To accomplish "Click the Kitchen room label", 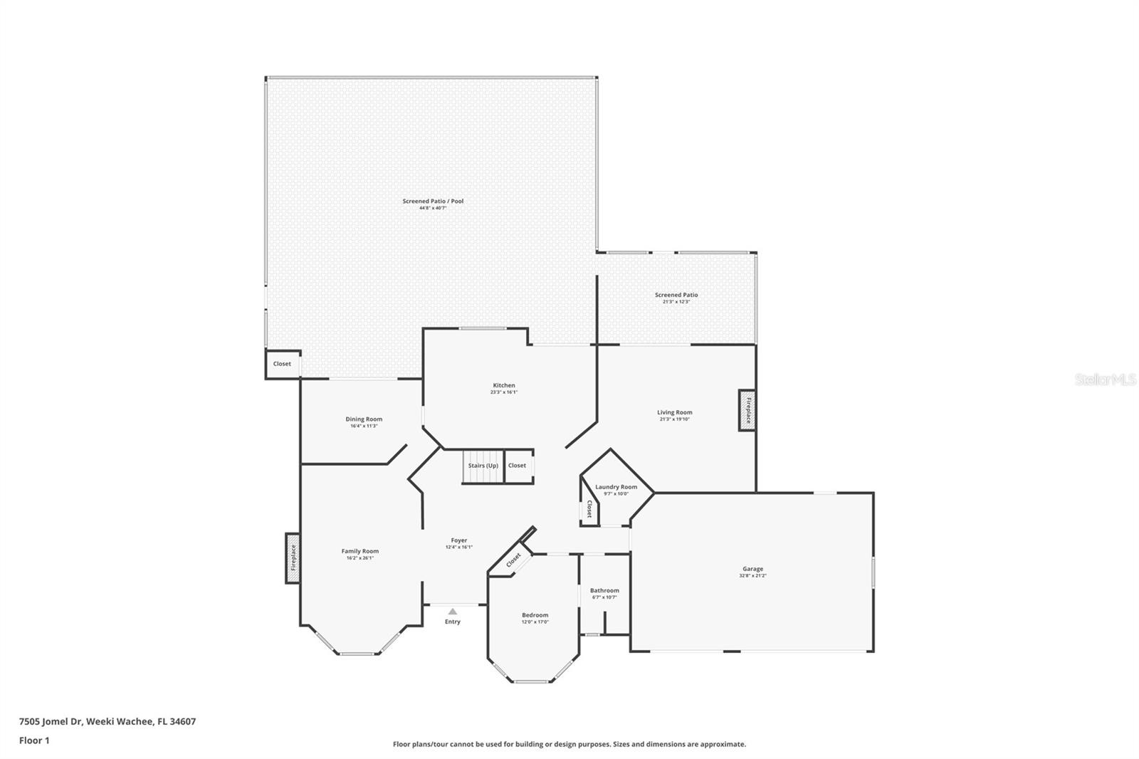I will pos(503,385).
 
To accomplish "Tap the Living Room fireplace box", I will pos(747,410).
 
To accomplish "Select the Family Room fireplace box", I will pos(293,558).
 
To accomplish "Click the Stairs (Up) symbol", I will pos(483,466).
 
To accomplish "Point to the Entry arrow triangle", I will pos(453,612).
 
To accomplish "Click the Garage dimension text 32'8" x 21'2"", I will pos(752,576).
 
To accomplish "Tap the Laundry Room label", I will pos(616,487).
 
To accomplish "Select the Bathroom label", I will pos(604,590).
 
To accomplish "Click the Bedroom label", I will pos(535,615).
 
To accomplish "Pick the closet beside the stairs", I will pos(518,466).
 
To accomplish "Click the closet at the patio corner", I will pos(282,364).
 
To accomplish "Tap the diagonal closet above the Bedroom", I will pos(513,560).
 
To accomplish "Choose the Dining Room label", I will pos(364,419).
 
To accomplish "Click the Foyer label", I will pos(459,540).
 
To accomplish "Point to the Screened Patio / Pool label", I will pos(433,201).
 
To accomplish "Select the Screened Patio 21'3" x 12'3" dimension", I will pos(676,302).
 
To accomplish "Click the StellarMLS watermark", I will pos(1106,380).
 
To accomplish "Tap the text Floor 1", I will pos(34,740).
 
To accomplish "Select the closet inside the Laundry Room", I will pos(589,508).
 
